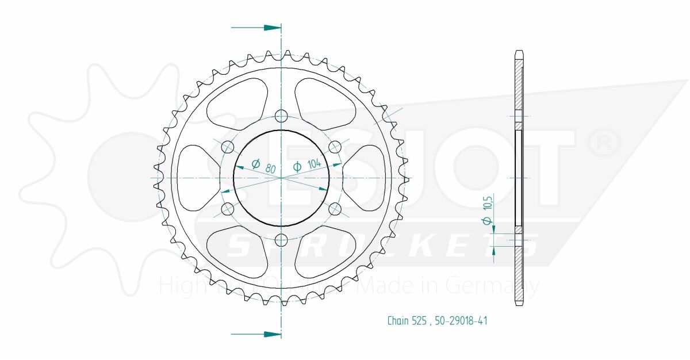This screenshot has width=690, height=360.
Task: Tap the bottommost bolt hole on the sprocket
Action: (281, 239)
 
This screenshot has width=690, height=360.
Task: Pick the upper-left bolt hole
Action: (228, 147)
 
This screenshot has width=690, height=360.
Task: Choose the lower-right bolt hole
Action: (335, 209)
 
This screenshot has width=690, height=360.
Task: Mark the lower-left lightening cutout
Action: (236, 253)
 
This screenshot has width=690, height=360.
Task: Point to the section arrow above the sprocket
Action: (256, 27)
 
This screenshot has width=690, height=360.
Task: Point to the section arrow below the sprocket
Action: (256, 334)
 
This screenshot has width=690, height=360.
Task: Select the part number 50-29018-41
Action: (460, 321)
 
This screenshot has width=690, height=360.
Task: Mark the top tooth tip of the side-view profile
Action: (519, 52)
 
